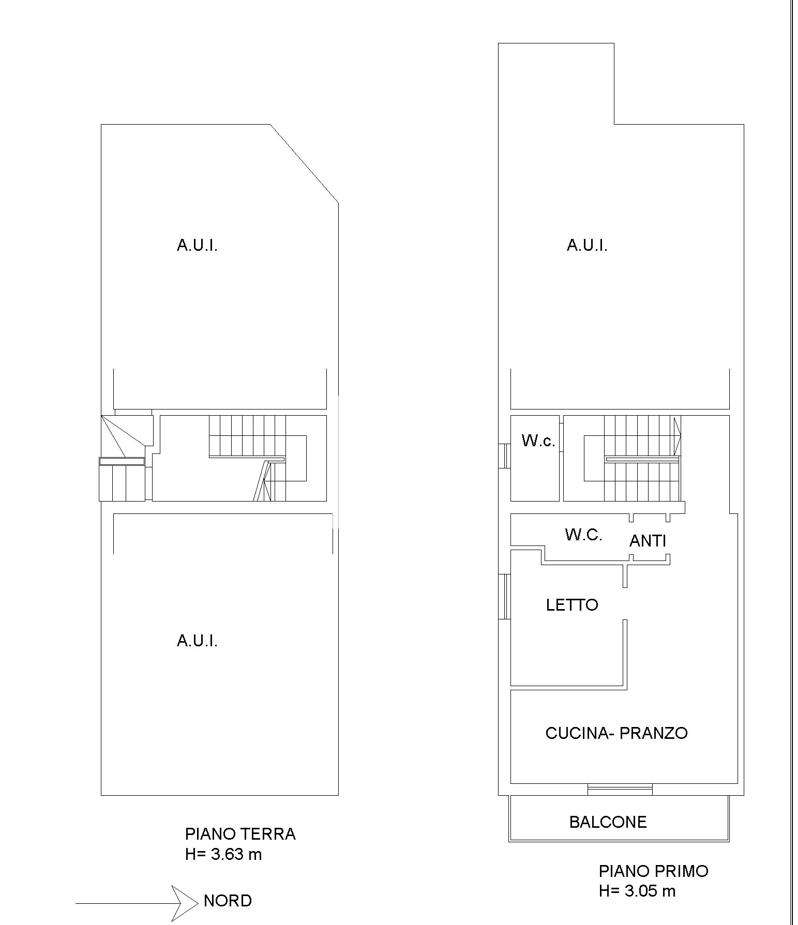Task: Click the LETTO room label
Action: coord(572,605)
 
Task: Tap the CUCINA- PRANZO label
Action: coord(616,733)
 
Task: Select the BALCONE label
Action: coord(608,822)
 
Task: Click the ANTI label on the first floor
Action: coord(648,541)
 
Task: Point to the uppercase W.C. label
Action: coord(584,535)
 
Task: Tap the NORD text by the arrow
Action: coord(228,901)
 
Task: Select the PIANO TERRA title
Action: coord(240,834)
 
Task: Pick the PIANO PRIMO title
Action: coord(654,871)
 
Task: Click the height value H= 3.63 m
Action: coord(223,854)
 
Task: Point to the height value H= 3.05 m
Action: coord(637,891)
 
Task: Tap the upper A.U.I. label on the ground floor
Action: coord(197,245)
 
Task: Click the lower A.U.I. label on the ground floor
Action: coord(197,641)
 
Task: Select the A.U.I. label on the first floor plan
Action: coord(587,245)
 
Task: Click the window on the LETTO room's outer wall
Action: coord(505,596)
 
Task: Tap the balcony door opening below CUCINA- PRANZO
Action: coord(620,789)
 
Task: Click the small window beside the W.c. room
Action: coord(505,456)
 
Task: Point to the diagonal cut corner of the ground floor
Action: coord(305,163)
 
